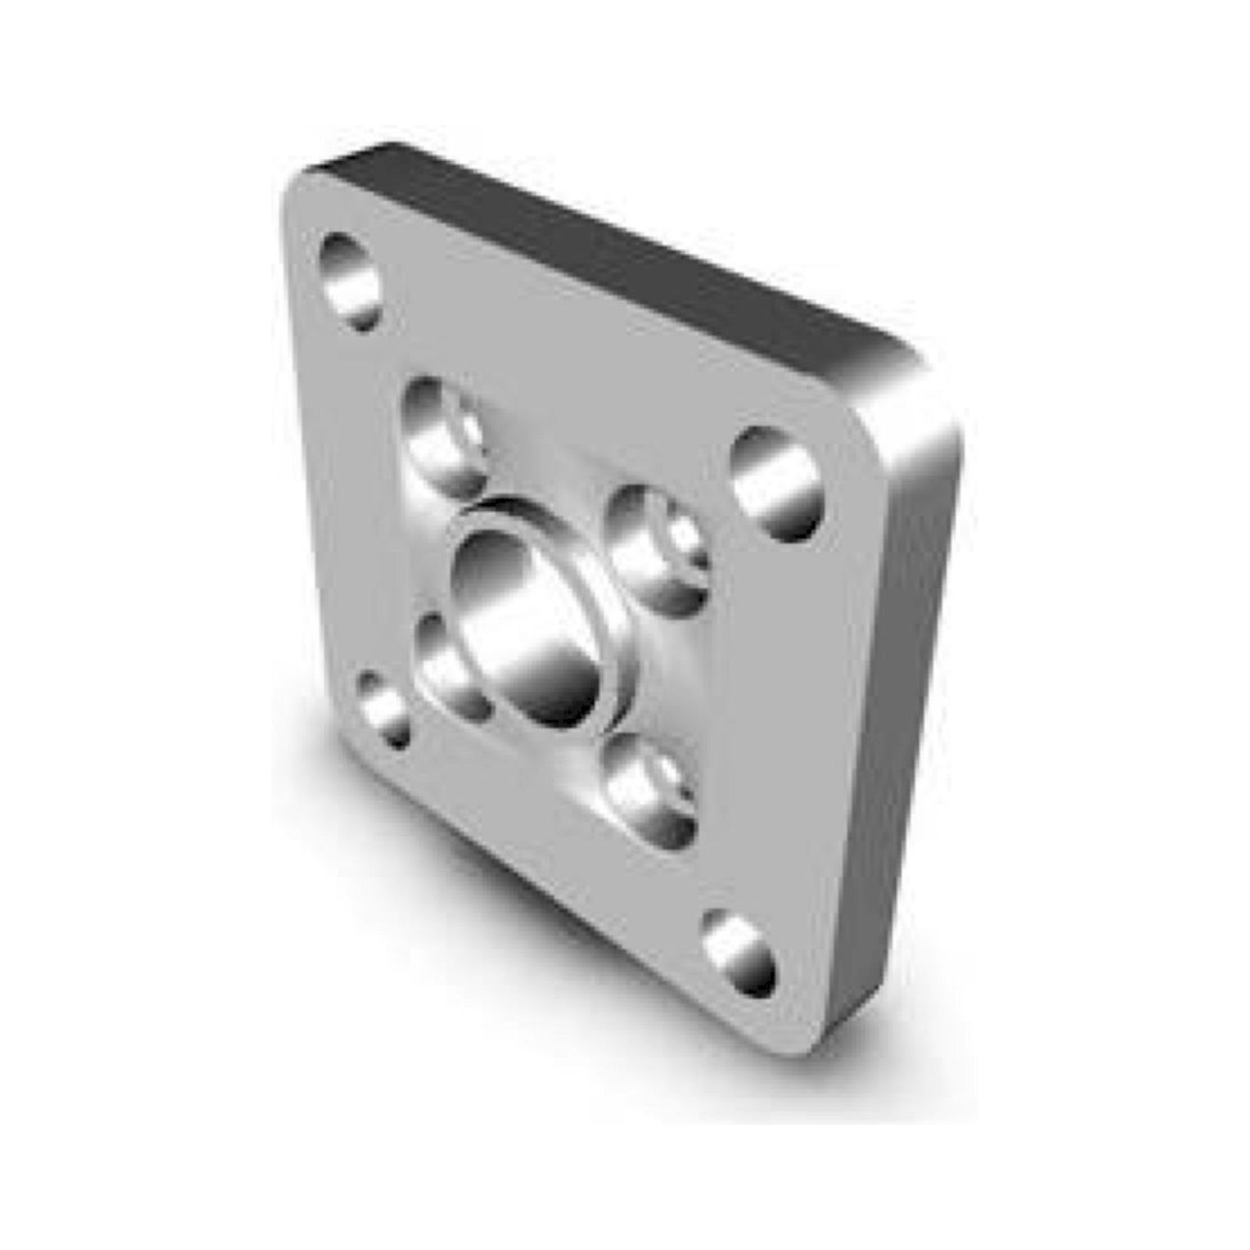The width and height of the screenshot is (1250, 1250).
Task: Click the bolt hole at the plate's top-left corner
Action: coord(351,282)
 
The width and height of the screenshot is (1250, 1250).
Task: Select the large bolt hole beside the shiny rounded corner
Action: coord(776,483)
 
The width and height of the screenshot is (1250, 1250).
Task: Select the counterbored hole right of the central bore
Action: coord(658,549)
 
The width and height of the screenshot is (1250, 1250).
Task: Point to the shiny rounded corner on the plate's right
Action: coord(919,414)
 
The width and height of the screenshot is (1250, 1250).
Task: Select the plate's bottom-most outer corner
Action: coord(809,1051)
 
